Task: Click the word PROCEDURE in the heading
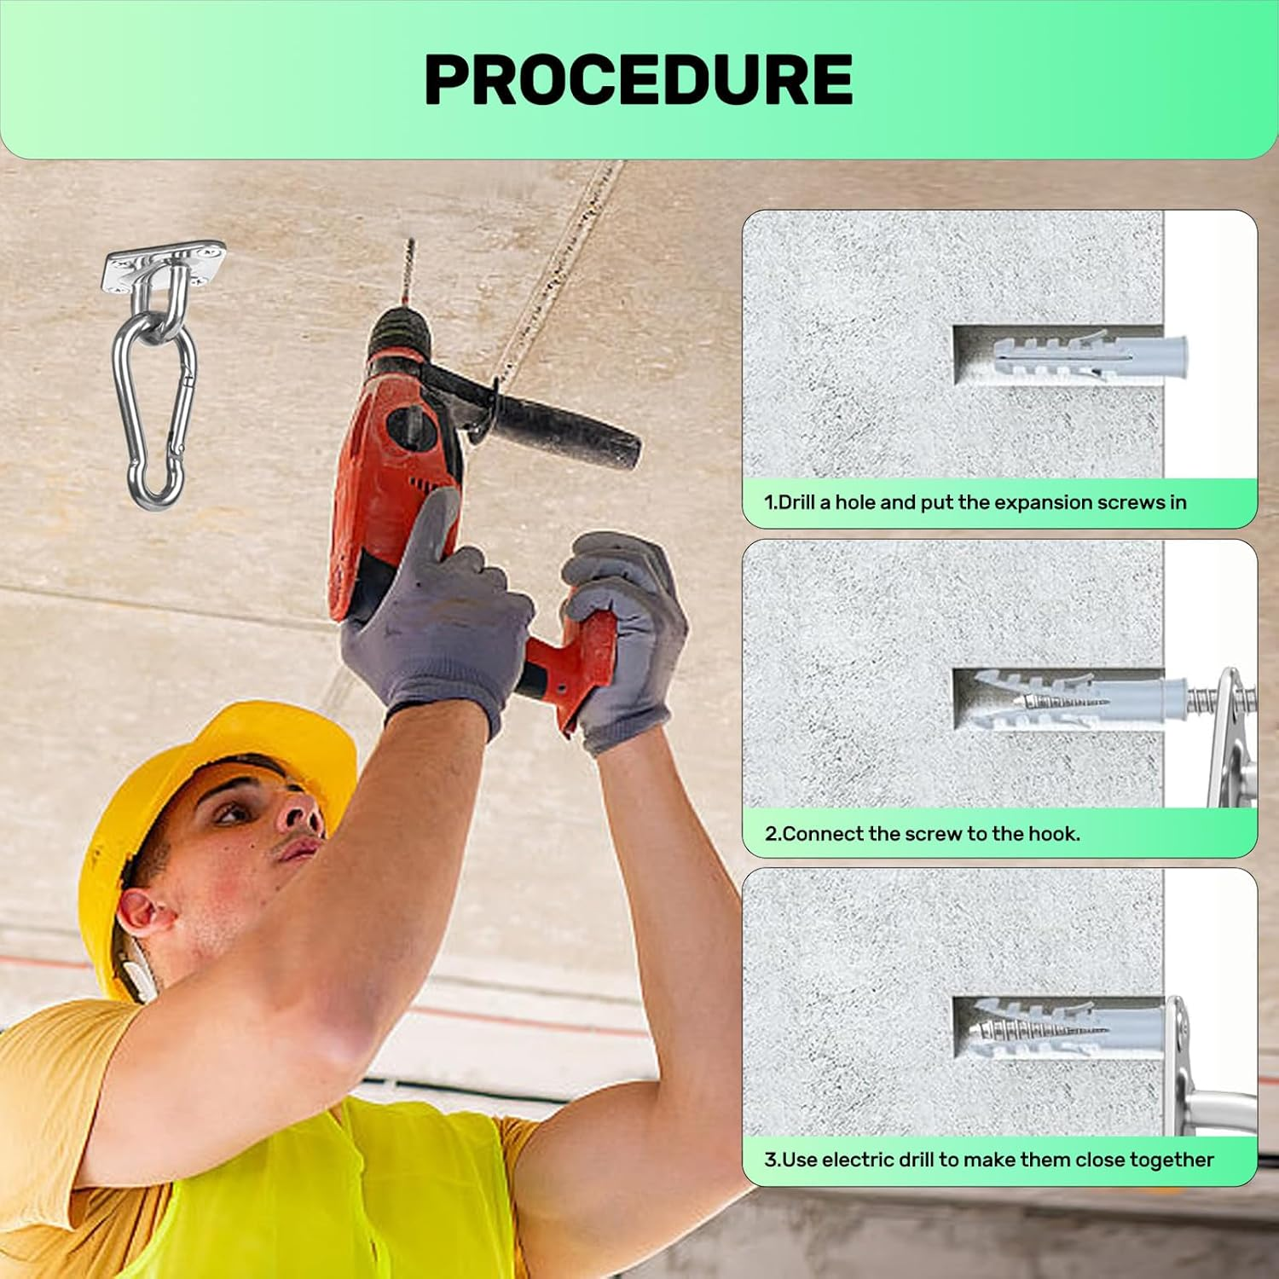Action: coord(639,79)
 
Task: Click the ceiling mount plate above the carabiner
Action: coord(165,266)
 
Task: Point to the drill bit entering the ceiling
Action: coord(408,273)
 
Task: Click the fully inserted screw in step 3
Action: coord(1040,1029)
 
